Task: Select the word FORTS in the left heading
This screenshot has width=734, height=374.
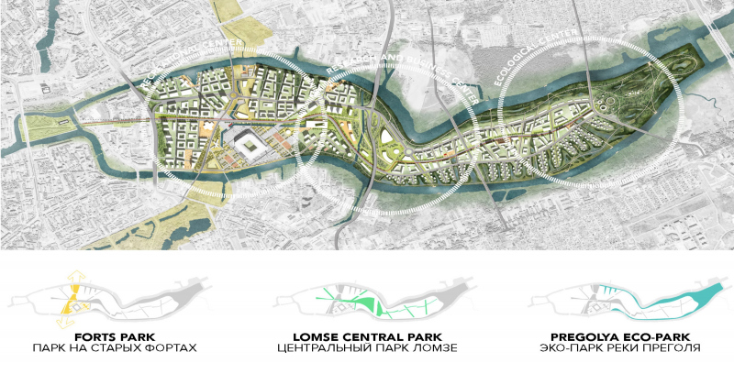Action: tap(91, 335)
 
